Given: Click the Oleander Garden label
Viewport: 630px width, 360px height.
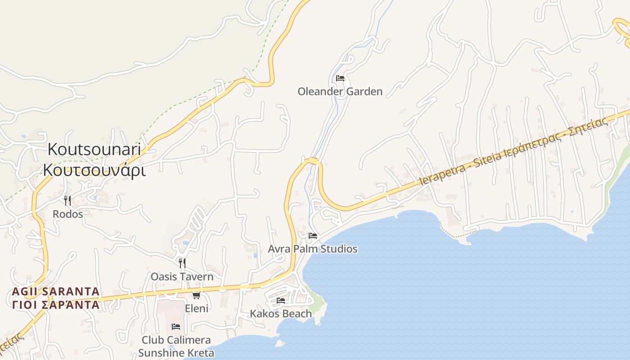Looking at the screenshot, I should pyautogui.click(x=340, y=92).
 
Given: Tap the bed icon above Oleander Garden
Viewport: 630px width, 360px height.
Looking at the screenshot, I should pyautogui.click(x=340, y=78).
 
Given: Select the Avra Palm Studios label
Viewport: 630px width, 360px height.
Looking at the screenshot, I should pyautogui.click(x=313, y=249).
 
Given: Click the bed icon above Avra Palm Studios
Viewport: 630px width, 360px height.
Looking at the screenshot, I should pyautogui.click(x=313, y=236).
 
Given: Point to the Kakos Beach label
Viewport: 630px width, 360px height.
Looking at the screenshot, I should pyautogui.click(x=281, y=314).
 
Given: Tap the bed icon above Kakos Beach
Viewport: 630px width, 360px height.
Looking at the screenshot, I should pyautogui.click(x=281, y=301).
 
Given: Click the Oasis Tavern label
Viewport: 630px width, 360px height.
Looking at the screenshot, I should pyautogui.click(x=182, y=276).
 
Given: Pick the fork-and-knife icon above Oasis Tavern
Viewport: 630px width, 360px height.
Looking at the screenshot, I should pyautogui.click(x=182, y=263).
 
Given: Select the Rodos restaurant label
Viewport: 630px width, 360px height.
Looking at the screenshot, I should pyautogui.click(x=68, y=214).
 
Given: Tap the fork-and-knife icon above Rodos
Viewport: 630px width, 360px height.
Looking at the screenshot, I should pyautogui.click(x=67, y=200).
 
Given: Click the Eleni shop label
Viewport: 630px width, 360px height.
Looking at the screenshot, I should pyautogui.click(x=197, y=308).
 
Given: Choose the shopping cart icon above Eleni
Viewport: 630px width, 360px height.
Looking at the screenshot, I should pyautogui.click(x=196, y=295).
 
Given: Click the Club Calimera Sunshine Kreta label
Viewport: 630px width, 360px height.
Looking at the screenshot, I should pyautogui.click(x=176, y=346).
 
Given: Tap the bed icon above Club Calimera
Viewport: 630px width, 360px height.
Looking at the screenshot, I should pyautogui.click(x=176, y=327).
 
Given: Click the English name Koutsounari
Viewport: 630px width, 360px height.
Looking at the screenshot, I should pyautogui.click(x=94, y=149).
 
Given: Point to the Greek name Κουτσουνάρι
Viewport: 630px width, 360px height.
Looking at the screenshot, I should pyautogui.click(x=94, y=170).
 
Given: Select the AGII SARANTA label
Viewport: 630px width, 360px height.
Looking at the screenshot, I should pyautogui.click(x=56, y=291).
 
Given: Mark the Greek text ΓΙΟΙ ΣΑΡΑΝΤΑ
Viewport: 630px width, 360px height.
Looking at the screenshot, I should pyautogui.click(x=56, y=305).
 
